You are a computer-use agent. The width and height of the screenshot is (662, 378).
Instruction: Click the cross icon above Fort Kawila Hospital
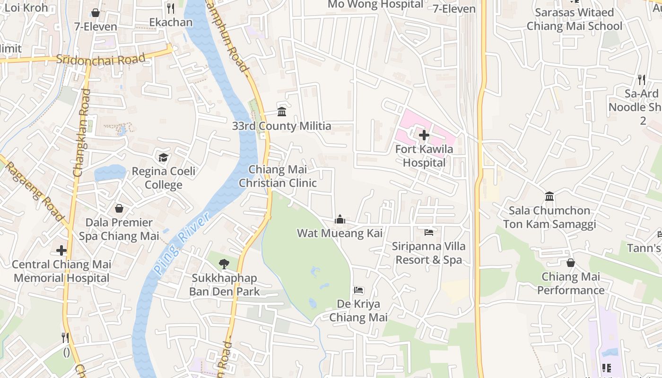tap(424, 135)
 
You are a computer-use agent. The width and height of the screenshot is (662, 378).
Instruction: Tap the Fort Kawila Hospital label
tap(424, 156)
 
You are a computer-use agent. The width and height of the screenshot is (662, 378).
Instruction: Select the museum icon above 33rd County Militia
tap(282, 112)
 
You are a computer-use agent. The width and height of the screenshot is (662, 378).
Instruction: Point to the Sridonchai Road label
tap(100, 60)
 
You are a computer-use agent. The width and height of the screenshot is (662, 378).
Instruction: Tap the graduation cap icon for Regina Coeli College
tap(163, 157)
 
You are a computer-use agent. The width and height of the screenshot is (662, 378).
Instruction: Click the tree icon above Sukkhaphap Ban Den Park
tap(224, 264)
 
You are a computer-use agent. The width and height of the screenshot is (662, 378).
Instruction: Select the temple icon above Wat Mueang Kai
tap(340, 219)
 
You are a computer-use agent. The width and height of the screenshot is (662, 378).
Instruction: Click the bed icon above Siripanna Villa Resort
tap(429, 232)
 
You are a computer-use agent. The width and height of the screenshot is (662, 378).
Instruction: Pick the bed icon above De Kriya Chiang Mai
tap(358, 290)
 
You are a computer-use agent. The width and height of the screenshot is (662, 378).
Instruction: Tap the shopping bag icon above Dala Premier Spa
tap(119, 208)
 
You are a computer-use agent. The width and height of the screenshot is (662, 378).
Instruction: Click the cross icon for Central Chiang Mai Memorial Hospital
tap(61, 250)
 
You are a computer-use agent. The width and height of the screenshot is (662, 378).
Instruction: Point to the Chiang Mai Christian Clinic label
tap(278, 176)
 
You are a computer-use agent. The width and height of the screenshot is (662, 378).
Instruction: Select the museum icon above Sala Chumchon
tap(549, 196)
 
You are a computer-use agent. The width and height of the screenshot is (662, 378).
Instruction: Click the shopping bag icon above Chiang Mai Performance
tap(571, 263)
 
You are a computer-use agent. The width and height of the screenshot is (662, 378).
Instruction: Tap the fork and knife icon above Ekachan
tap(171, 8)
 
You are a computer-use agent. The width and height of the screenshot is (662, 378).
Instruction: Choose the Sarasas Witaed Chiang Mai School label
tap(575, 19)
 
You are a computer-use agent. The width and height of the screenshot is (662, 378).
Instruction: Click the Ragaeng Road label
tap(34, 189)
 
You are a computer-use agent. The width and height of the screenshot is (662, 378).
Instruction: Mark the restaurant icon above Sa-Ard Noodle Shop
tap(641, 79)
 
